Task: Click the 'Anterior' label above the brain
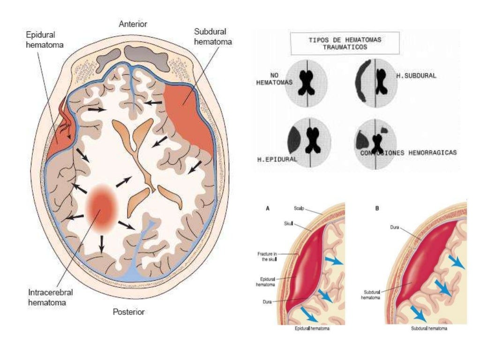click(133, 24)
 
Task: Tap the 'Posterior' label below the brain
click(128, 312)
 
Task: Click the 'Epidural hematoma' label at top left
click(41, 40)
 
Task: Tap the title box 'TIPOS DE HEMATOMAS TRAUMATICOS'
click(345, 44)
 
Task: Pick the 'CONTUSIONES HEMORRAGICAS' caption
click(408, 153)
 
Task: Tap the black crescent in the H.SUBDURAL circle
click(362, 82)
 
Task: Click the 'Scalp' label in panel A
click(299, 208)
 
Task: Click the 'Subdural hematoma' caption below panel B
click(429, 329)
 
